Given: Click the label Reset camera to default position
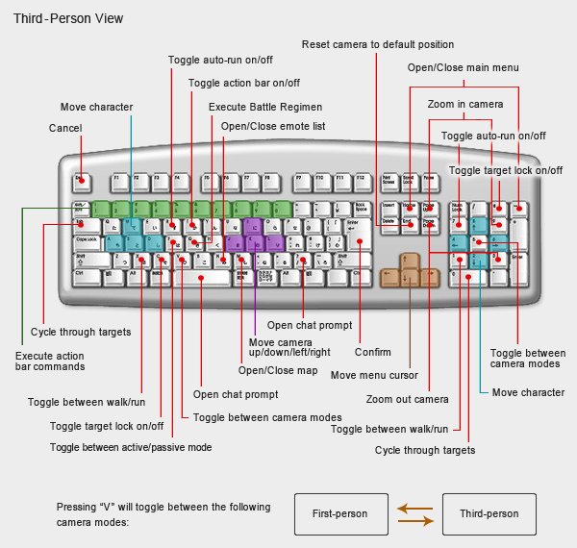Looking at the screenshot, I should (377, 44).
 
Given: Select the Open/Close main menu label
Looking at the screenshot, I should (463, 67).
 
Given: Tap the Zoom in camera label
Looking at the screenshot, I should (465, 103).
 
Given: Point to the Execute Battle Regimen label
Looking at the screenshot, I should (265, 107).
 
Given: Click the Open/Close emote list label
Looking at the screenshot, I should (272, 126).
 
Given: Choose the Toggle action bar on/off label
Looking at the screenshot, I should (244, 83).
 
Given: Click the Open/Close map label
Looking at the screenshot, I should (264, 370).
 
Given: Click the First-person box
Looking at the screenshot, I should (340, 514).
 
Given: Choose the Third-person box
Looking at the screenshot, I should (489, 514).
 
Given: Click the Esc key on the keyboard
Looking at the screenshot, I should (82, 179).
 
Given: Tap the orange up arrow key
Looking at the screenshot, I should (410, 262).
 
